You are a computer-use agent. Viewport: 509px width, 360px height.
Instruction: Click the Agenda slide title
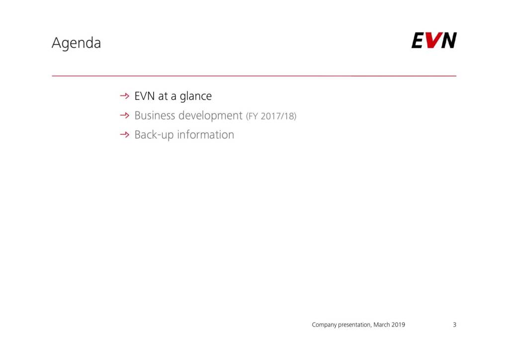(x=76, y=43)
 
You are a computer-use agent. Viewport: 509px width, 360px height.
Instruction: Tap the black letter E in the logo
(x=418, y=40)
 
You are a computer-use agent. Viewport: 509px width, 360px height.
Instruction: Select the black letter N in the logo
(x=448, y=40)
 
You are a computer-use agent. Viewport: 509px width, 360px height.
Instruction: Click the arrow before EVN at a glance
(x=125, y=96)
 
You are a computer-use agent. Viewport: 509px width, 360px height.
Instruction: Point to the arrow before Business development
(x=125, y=115)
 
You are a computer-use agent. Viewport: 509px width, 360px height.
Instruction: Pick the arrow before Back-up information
(x=125, y=134)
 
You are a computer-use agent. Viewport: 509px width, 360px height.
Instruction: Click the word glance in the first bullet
(x=196, y=96)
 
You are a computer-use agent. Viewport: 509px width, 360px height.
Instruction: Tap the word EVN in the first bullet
(x=145, y=96)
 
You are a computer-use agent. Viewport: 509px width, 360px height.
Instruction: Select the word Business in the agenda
(x=155, y=115)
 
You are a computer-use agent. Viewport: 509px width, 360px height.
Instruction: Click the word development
(x=211, y=116)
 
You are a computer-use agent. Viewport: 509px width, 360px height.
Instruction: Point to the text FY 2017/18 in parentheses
(x=271, y=116)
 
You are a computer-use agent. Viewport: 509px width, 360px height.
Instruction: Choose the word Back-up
(x=154, y=135)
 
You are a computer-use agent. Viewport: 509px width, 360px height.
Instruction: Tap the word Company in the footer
(x=324, y=325)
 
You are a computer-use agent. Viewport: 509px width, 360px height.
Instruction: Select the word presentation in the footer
(x=354, y=325)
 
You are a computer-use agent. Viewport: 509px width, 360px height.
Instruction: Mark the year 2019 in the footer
(x=398, y=325)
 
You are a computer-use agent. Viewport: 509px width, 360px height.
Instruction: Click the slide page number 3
(x=455, y=325)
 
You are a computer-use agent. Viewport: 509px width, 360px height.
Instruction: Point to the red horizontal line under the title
(x=254, y=76)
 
